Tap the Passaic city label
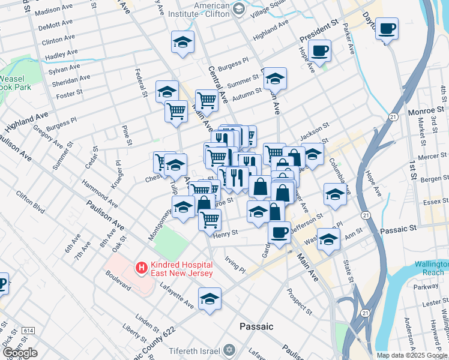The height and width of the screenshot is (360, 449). coord(256,326)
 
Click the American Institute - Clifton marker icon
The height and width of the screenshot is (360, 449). coord(239,8)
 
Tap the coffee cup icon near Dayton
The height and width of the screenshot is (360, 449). coord(387,28)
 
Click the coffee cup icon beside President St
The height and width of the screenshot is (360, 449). coord(320,50)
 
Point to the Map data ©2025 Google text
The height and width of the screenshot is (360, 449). coord(412,355)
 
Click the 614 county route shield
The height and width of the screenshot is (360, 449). coord(28,331)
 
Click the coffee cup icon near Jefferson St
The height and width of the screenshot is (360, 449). coord(279,232)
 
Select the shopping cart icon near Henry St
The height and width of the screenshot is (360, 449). coord(209,220)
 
